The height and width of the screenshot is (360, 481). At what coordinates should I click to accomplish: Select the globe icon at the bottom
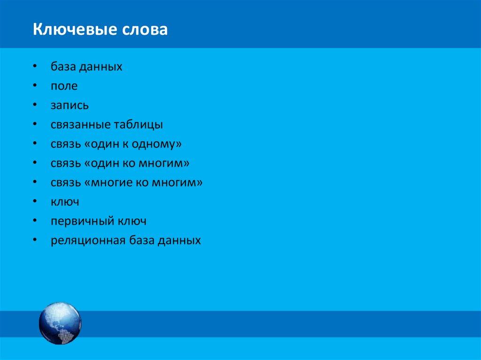point(60,323)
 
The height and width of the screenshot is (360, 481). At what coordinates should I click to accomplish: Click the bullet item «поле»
point(64,86)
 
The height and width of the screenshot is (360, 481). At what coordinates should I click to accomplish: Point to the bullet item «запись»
point(70,106)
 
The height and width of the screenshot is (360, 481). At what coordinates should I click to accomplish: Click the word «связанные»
point(80,125)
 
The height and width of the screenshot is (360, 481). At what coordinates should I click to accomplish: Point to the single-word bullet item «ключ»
point(65,202)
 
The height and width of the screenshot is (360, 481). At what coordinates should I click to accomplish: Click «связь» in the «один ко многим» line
point(66,163)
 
